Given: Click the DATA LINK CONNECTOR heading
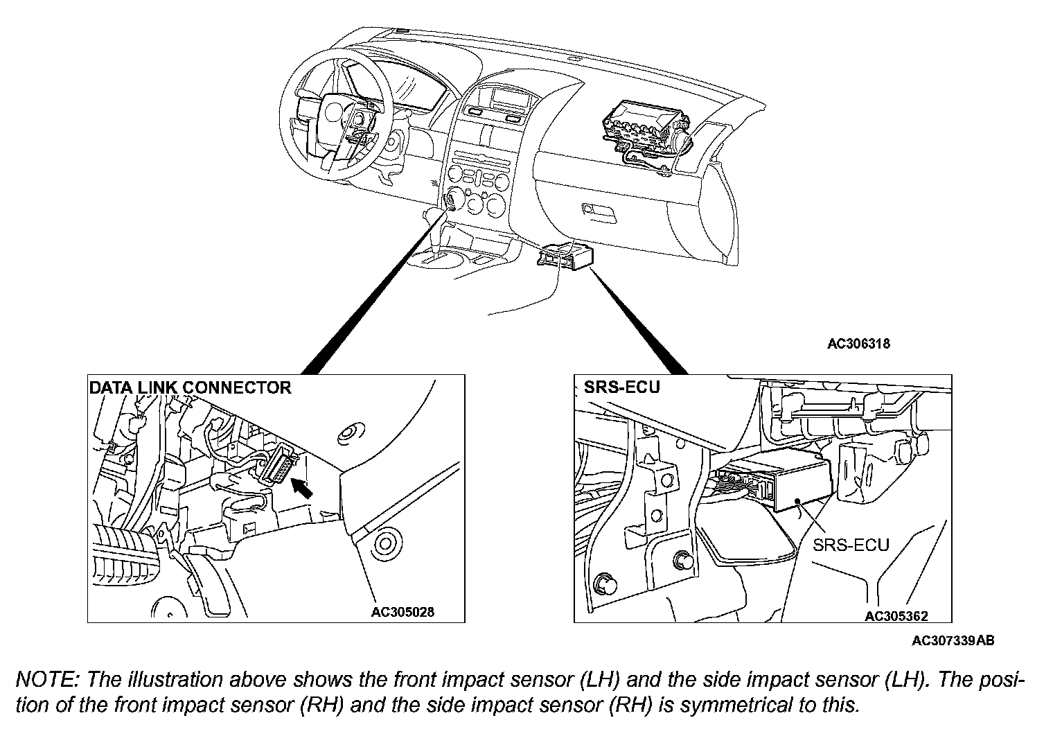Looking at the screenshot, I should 191,387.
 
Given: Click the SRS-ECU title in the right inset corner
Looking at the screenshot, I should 612,387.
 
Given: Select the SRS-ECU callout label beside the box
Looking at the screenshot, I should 851,544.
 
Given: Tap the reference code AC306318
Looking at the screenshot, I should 859,344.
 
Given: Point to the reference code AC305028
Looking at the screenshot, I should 403,612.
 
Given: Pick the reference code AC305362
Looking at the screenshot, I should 896,615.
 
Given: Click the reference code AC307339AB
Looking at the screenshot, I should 953,641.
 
